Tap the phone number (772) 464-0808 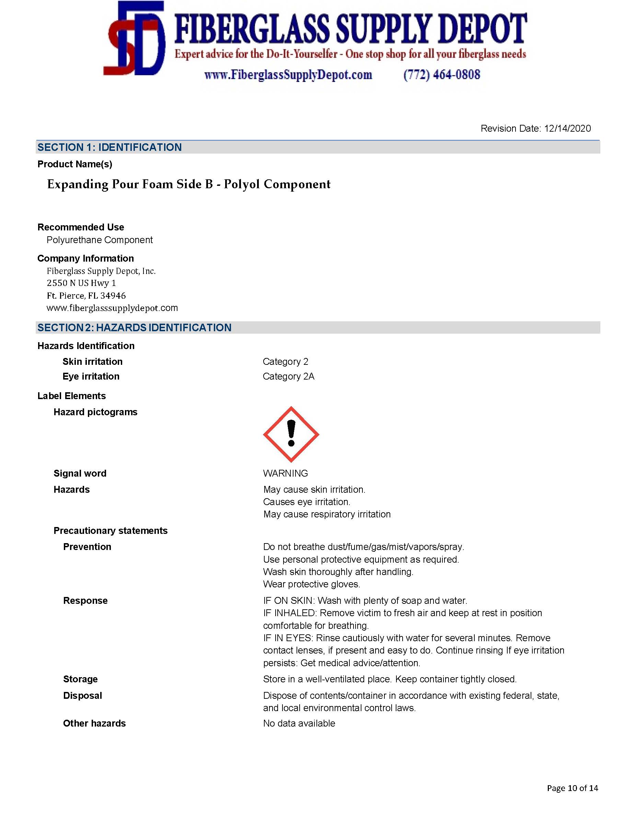pyautogui.click(x=441, y=74)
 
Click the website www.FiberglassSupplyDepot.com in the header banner pyautogui.click(x=288, y=75)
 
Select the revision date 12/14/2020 pyautogui.click(x=567, y=129)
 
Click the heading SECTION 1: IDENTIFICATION pyautogui.click(x=109, y=147)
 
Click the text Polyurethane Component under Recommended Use pyautogui.click(x=100, y=240)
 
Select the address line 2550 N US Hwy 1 pyautogui.click(x=81, y=283)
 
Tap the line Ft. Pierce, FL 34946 pyautogui.click(x=86, y=295)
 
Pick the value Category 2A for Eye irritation pyautogui.click(x=288, y=376)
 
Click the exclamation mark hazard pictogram pyautogui.click(x=291, y=434)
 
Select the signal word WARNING pyautogui.click(x=286, y=473)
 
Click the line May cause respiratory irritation pyautogui.click(x=327, y=514)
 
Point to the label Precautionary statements pyautogui.click(x=111, y=531)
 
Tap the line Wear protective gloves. pyautogui.click(x=312, y=584)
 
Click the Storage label pyautogui.click(x=80, y=679)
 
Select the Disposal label pyautogui.click(x=82, y=695)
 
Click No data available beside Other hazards pyautogui.click(x=299, y=723)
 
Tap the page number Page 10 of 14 pyautogui.click(x=572, y=788)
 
